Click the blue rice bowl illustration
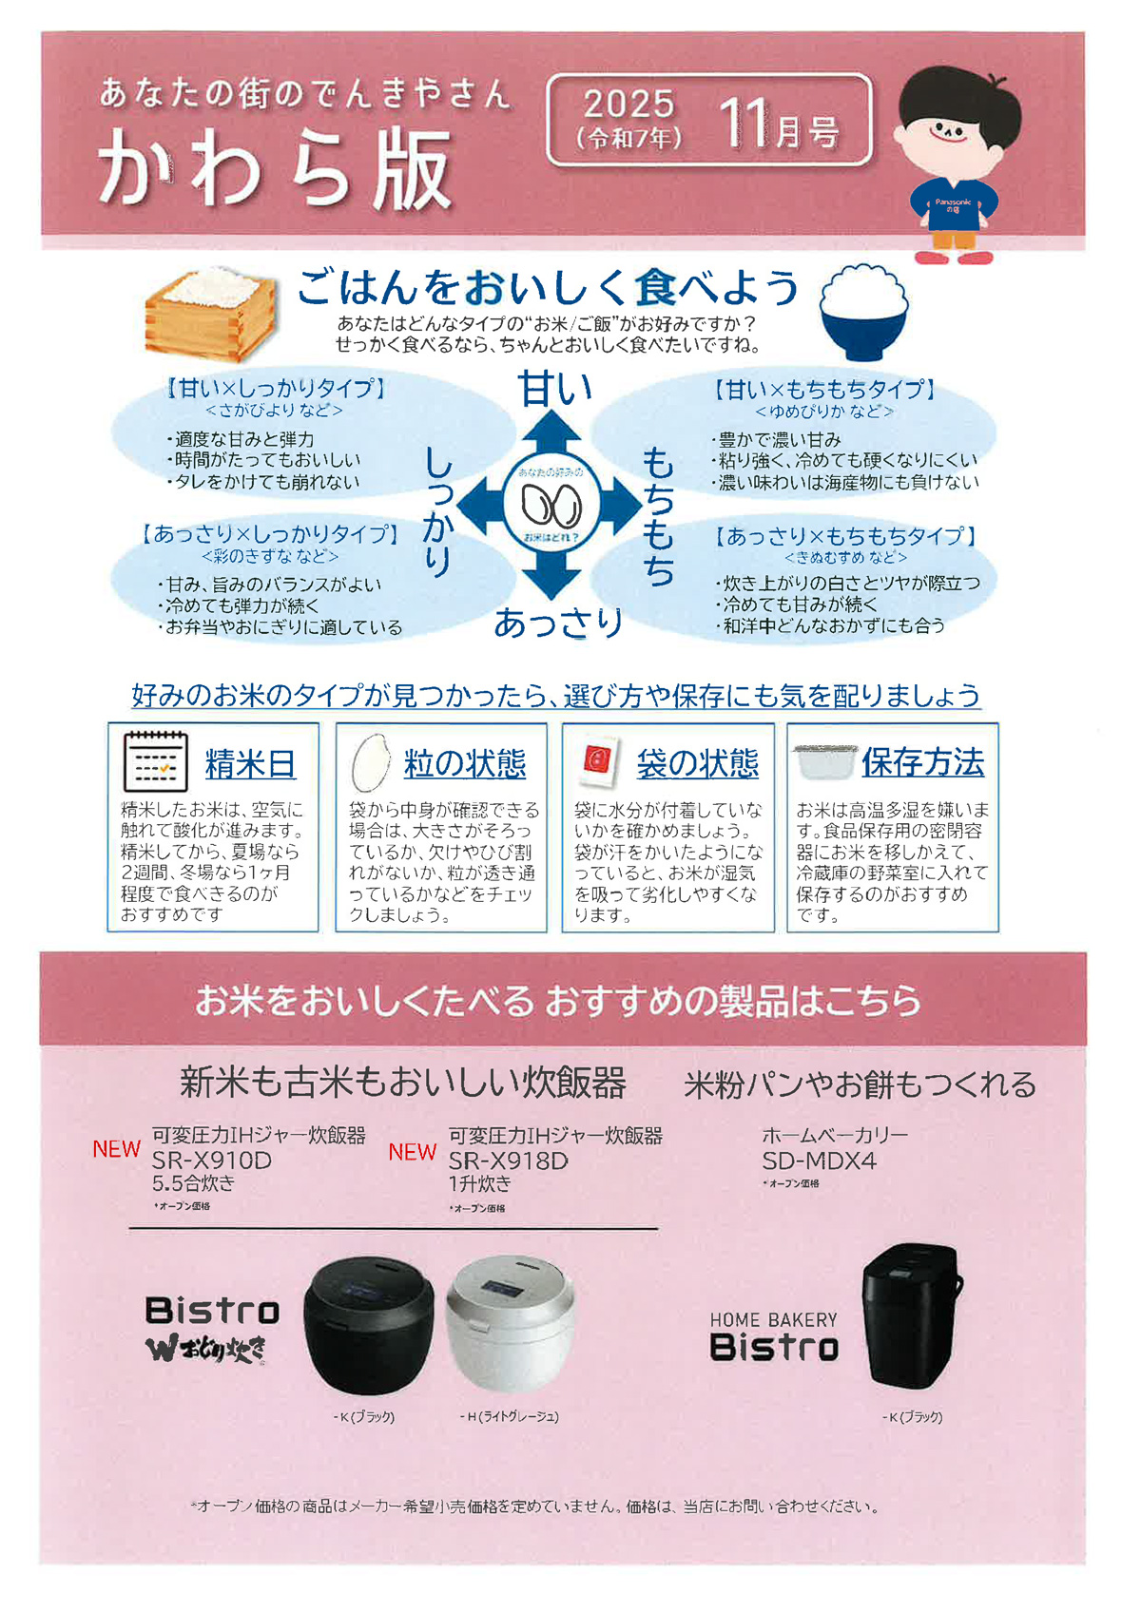[x=864, y=313]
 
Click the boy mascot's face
[x=957, y=125]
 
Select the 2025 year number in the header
[x=629, y=105]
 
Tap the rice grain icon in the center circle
[x=551, y=506]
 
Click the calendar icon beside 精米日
[x=156, y=761]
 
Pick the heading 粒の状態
[x=465, y=763]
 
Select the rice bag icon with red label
[x=597, y=760]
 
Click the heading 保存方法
[x=923, y=762]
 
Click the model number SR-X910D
[x=212, y=1161]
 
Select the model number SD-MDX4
[x=820, y=1161]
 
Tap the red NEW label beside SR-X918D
[x=412, y=1152]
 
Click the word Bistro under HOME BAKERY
[x=774, y=1347]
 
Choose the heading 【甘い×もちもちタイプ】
[x=824, y=390]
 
